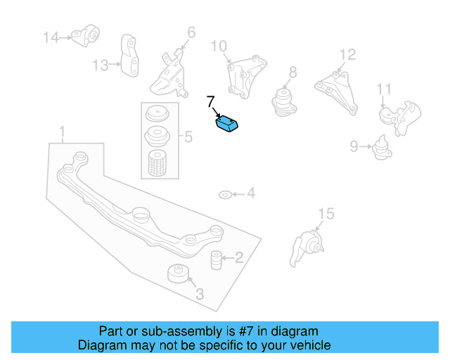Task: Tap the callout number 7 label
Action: click(x=210, y=101)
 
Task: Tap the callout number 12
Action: click(x=347, y=54)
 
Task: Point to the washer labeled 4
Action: click(x=224, y=193)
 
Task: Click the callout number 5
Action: click(x=188, y=137)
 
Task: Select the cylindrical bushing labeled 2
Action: click(x=217, y=259)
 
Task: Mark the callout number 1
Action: click(x=63, y=131)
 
